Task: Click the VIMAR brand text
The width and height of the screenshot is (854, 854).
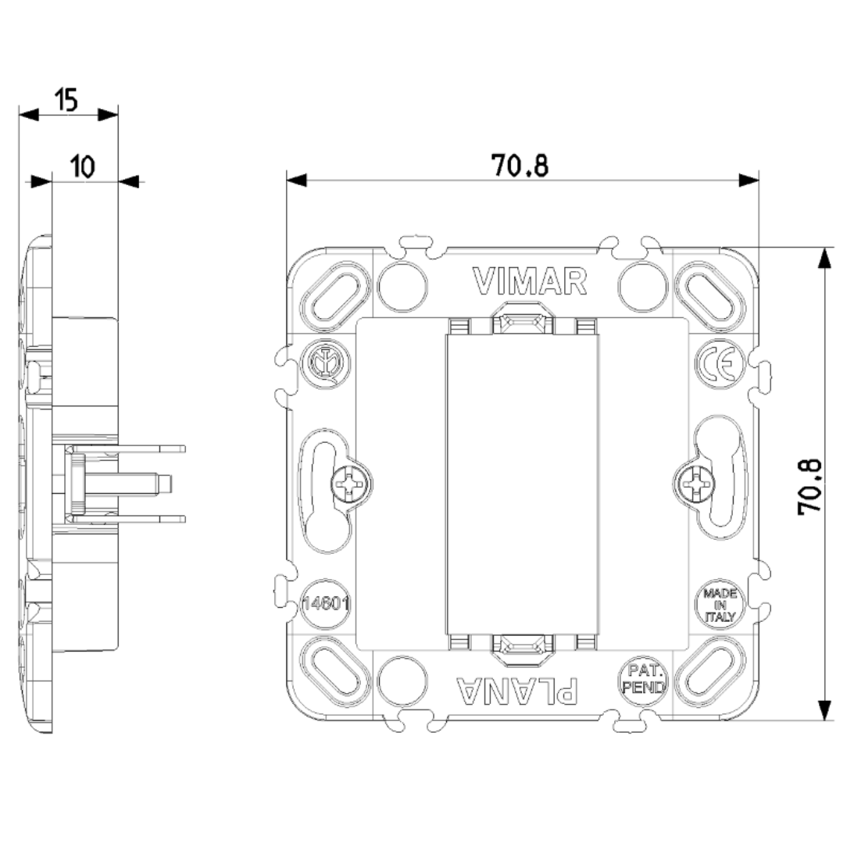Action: (530, 281)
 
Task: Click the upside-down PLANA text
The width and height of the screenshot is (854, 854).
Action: (517, 691)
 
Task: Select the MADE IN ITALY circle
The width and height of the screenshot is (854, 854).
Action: (720, 605)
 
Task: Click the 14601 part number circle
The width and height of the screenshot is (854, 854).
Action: (325, 604)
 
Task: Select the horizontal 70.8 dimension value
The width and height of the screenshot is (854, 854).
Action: (520, 166)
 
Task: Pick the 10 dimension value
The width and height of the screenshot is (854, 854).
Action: (82, 166)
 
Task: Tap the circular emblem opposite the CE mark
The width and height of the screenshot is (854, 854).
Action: (325, 363)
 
